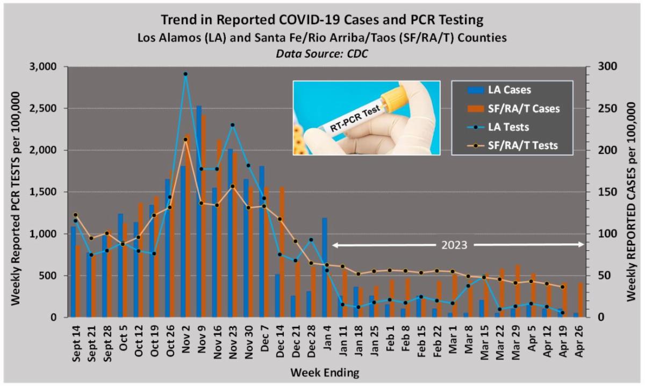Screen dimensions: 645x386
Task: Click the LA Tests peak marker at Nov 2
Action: coord(185,74)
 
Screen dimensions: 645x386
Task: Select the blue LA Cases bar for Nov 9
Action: coord(199,212)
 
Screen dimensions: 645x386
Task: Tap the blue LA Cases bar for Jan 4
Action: coord(325,268)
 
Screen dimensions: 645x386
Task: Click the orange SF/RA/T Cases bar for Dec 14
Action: coord(282,252)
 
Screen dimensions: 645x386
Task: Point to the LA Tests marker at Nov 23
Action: coord(233,125)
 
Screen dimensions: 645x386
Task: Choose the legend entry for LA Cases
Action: coord(499,90)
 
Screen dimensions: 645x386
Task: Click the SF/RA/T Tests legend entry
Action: coord(512,145)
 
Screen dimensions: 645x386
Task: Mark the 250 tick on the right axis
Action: coord(608,108)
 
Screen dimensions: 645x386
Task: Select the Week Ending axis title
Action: coord(325,373)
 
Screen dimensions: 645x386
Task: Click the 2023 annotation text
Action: coord(454,245)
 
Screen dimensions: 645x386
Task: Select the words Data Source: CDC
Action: coord(322,54)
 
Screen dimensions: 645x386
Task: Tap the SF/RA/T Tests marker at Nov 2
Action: coord(185,139)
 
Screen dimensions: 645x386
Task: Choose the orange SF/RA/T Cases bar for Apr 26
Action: coord(580,300)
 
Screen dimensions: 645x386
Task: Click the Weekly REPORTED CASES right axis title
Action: coord(631,202)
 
